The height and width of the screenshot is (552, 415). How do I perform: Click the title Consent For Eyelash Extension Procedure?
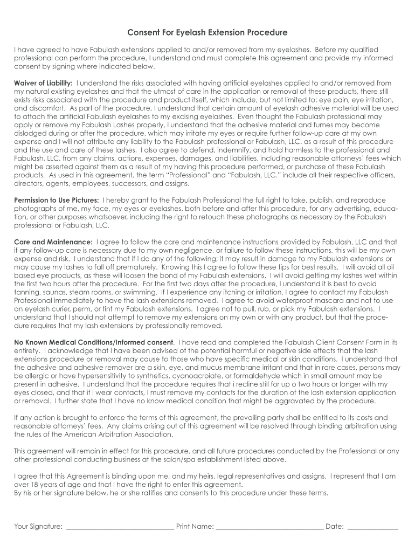click(x=207, y=32)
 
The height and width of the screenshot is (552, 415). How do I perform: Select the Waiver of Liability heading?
click(x=43, y=83)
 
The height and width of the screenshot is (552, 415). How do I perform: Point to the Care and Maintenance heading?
click(x=53, y=242)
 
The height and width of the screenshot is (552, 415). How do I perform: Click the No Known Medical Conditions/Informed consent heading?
click(x=94, y=342)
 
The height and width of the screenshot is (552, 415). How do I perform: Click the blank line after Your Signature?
click(x=119, y=527)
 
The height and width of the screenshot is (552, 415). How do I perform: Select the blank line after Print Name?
click(x=269, y=527)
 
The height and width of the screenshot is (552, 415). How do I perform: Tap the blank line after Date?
click(x=372, y=527)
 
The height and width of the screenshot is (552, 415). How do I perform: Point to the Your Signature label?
click(x=38, y=527)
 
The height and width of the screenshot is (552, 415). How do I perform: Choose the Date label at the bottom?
click(x=334, y=527)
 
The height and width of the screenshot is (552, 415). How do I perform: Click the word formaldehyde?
click(x=255, y=376)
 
